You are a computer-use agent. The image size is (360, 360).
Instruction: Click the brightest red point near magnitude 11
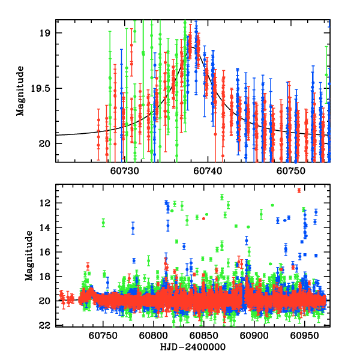(x=299, y=190)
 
